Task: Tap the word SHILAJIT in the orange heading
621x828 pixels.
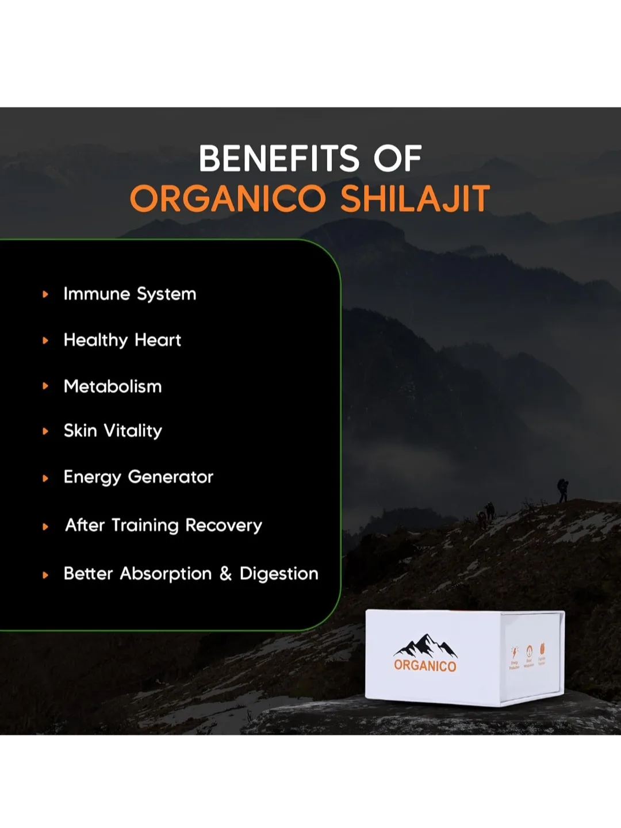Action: pyautogui.click(x=415, y=199)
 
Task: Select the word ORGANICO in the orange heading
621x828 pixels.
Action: pyautogui.click(x=228, y=199)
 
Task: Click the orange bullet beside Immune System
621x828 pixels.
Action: pyautogui.click(x=45, y=294)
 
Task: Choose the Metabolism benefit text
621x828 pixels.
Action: pyautogui.click(x=113, y=386)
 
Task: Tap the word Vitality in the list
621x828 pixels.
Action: pyautogui.click(x=133, y=431)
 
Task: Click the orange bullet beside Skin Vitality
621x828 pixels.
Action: pyautogui.click(x=45, y=431)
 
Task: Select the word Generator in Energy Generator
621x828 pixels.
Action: pyautogui.click(x=170, y=477)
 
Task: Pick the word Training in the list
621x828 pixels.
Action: pyautogui.click(x=145, y=525)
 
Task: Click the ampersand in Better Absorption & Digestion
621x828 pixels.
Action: pyautogui.click(x=225, y=573)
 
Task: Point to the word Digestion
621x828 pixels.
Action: pyautogui.click(x=279, y=574)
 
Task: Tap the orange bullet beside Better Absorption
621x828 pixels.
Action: pyautogui.click(x=45, y=574)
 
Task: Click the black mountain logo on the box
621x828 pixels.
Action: pyautogui.click(x=425, y=646)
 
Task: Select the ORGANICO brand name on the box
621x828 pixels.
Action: pyautogui.click(x=425, y=666)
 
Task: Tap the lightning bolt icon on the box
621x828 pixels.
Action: pyautogui.click(x=515, y=651)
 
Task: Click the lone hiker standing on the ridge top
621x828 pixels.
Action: pyautogui.click(x=562, y=490)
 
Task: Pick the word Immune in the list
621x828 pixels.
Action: pyautogui.click(x=97, y=294)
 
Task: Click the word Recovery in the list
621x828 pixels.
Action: pyautogui.click(x=224, y=525)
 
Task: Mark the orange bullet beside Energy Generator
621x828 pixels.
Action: pyautogui.click(x=45, y=478)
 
